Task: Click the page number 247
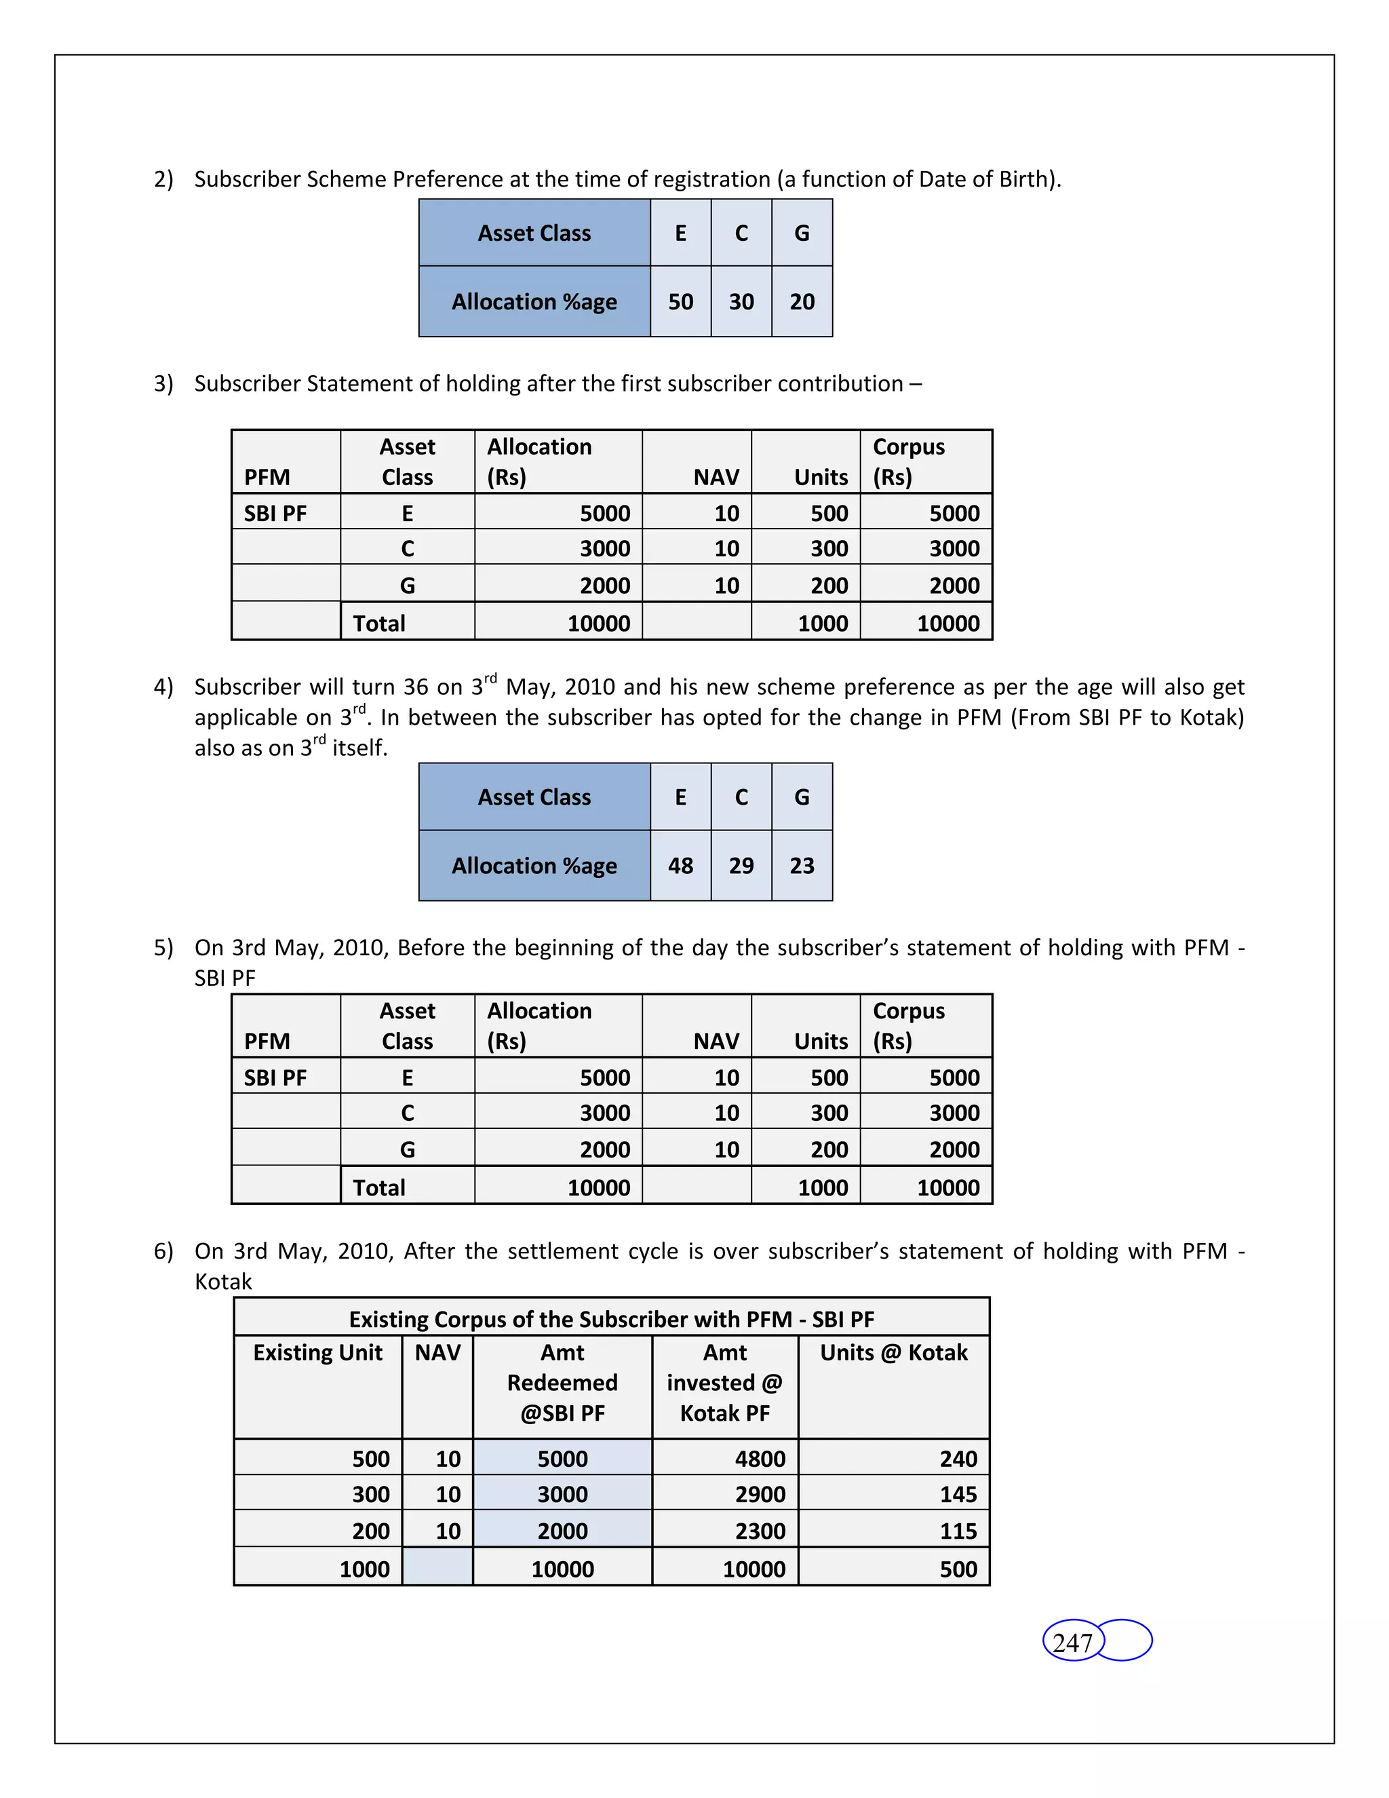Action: click(1072, 1643)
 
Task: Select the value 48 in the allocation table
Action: click(680, 865)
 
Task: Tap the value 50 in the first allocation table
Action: click(680, 301)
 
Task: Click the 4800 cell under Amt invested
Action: click(759, 1459)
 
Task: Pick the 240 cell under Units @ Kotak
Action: click(958, 1459)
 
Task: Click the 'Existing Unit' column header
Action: click(317, 1353)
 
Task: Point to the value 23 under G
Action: click(802, 865)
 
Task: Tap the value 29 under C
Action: click(741, 865)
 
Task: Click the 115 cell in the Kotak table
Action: click(958, 1531)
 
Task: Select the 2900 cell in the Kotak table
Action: click(759, 1494)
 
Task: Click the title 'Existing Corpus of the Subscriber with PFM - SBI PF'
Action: click(610, 1319)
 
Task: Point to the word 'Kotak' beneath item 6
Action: click(223, 1282)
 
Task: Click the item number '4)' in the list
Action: click(163, 687)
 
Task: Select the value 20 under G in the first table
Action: click(802, 301)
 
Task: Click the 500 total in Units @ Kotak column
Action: click(958, 1569)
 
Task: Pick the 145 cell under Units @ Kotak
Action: click(958, 1494)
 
